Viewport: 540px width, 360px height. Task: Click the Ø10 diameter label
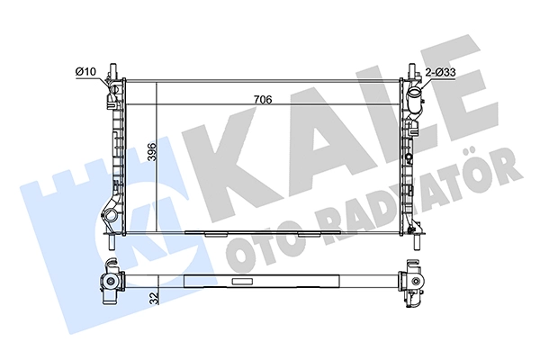pos(85,72)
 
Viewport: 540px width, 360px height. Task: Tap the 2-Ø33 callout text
pos(440,73)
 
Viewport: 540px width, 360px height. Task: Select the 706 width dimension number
pos(263,100)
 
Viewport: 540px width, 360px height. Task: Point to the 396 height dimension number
pos(152,151)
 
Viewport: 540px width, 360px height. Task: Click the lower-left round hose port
pos(112,216)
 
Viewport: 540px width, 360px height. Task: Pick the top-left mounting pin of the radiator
pos(112,71)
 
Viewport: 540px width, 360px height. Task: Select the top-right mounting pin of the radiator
pos(412,71)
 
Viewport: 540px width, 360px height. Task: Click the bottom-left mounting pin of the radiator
pos(112,241)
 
